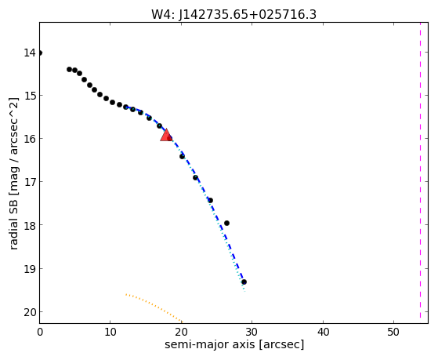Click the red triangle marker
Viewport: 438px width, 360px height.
pos(166,135)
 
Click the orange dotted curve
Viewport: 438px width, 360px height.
pos(154,307)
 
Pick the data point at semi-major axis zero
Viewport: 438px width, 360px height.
pos(40,53)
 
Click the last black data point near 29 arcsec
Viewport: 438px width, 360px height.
pos(244,282)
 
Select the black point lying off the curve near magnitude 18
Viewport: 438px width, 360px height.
pos(226,223)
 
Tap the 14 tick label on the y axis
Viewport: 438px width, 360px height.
pos(30,53)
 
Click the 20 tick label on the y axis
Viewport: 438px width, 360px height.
pos(30,312)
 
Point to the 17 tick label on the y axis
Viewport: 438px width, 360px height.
pos(30,182)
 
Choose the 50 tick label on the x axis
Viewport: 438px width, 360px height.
pos(393,333)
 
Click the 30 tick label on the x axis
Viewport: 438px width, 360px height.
pos(252,333)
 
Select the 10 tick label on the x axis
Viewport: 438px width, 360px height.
pos(110,333)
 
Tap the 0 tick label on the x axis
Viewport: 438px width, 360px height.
pos(40,333)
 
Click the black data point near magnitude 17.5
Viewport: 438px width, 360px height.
pos(210,200)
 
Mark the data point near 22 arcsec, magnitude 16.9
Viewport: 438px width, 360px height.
pos(195,177)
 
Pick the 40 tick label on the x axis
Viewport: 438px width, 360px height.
pos(323,333)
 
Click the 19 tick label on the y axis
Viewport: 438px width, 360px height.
pos(30,269)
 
